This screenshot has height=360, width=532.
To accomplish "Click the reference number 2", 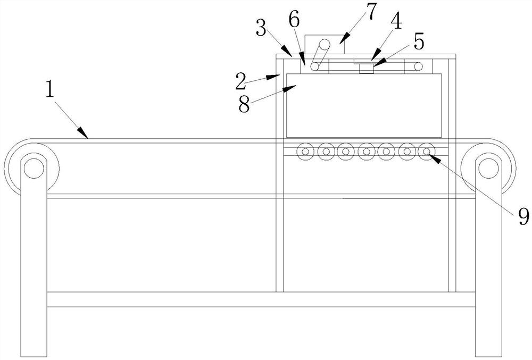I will [240, 82].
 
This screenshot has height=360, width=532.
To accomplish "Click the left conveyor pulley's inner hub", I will [32, 167].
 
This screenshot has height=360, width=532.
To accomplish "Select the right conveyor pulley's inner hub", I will [487, 167].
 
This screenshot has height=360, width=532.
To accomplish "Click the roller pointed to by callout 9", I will [426, 152].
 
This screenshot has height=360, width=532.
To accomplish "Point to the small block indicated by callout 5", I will [365, 68].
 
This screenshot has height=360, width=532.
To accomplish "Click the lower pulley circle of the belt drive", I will [315, 66].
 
